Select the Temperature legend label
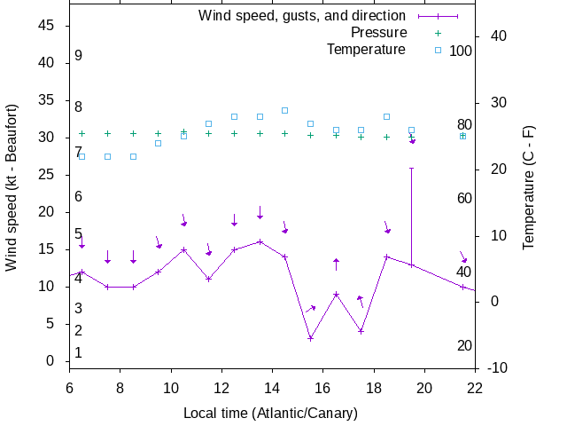[x=366, y=50]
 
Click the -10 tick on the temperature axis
[x=497, y=367]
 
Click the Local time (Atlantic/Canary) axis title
[x=270, y=413]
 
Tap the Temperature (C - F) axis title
[x=529, y=186]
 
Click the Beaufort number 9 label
[x=78, y=56]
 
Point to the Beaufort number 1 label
[x=78, y=352]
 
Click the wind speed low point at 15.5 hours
[x=310, y=338]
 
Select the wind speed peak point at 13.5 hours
[x=260, y=241]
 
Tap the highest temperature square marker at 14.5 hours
[x=284, y=110]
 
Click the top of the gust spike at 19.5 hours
[x=411, y=168]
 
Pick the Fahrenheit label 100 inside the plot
[x=461, y=51]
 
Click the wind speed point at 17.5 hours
[x=361, y=331]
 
